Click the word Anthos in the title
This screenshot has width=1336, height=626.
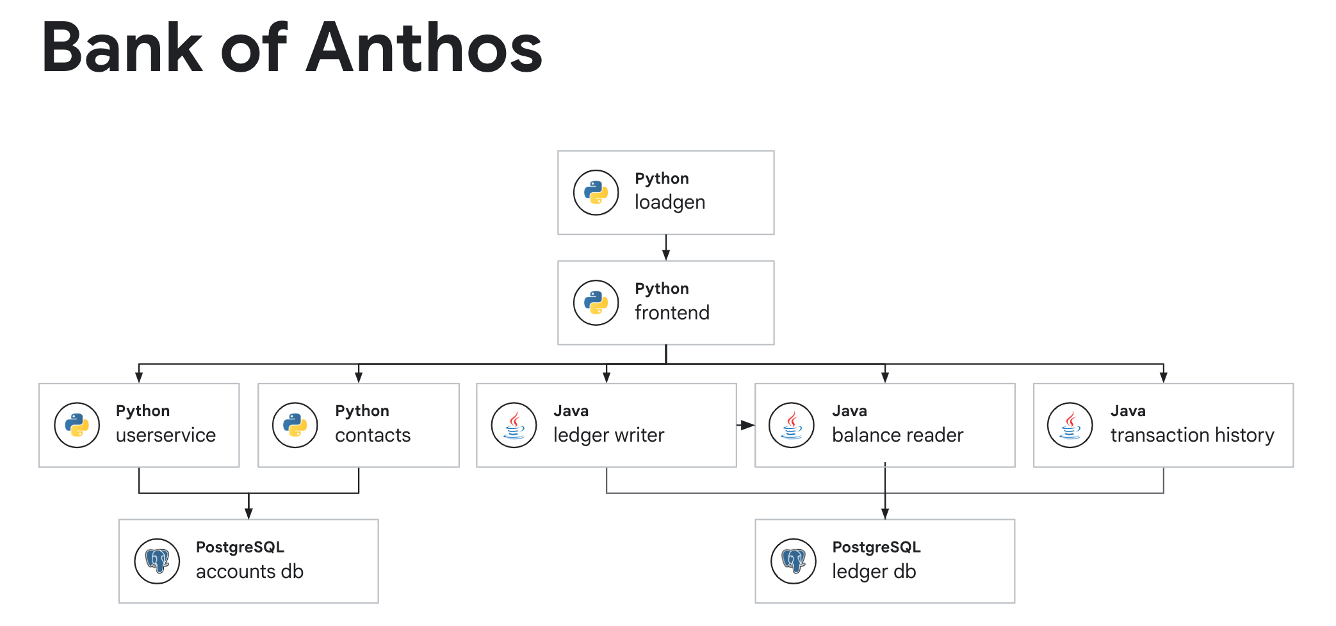(424, 48)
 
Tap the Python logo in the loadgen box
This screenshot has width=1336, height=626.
(596, 192)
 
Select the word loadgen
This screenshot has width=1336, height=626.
(669, 202)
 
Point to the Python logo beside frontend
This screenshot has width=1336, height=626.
(596, 303)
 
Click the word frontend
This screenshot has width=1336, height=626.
(672, 312)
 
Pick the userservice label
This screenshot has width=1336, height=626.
(165, 435)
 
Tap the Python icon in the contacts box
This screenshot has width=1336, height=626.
(295, 425)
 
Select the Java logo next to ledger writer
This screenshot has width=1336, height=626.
(514, 425)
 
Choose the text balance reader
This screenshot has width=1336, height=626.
(897, 435)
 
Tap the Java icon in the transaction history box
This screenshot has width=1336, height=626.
(1070, 425)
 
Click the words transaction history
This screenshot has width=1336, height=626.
(1191, 435)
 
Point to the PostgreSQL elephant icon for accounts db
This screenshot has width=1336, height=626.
(157, 561)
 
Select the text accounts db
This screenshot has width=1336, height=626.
(249, 571)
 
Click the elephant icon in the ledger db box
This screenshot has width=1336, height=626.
(794, 561)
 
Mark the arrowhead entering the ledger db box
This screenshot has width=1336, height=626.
(884, 513)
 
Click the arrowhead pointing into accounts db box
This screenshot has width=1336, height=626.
(248, 513)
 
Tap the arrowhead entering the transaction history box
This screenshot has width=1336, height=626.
(1163, 377)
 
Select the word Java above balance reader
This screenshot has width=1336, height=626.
(849, 411)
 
